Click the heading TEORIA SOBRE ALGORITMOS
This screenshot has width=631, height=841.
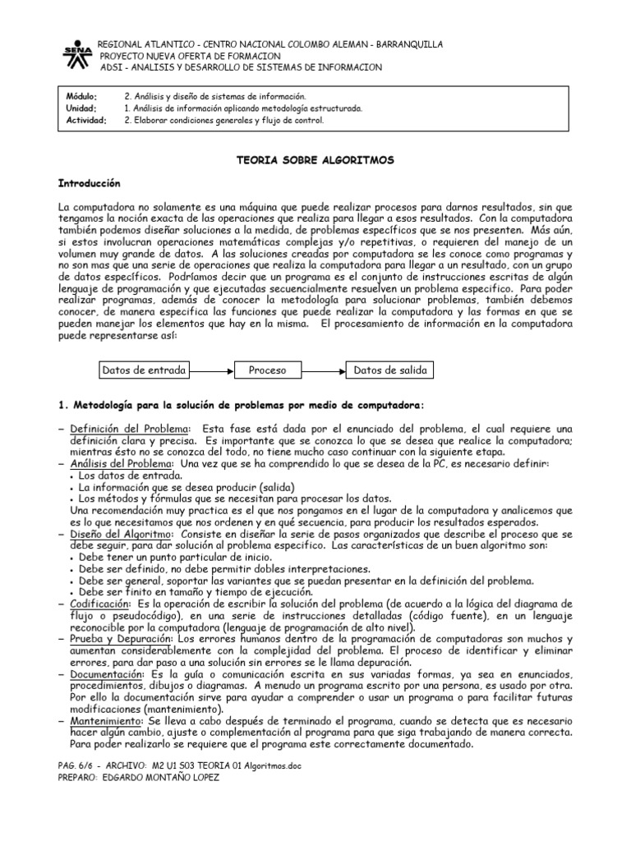315,160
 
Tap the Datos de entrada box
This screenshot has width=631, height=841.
144,370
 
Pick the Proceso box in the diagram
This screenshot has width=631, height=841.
268,370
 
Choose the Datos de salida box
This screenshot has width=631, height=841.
390,370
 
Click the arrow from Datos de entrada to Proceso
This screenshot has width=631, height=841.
212,370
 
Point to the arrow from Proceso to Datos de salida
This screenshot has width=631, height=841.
323,370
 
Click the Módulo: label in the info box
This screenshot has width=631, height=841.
81,97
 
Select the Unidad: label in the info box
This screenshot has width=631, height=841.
81,108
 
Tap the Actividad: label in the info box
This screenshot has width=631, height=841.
85,120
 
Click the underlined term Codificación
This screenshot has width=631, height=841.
101,603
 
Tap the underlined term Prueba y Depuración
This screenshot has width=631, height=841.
122,638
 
